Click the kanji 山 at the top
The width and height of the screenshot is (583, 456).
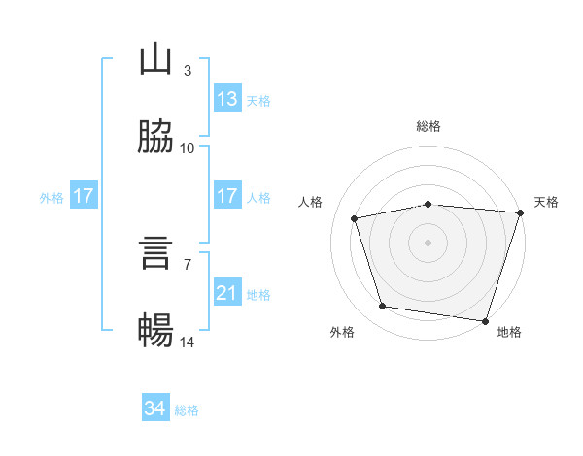click(x=155, y=60)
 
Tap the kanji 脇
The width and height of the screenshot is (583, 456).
click(x=155, y=138)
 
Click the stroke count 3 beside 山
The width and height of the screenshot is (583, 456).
click(x=187, y=71)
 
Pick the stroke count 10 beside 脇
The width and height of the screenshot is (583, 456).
click(x=187, y=148)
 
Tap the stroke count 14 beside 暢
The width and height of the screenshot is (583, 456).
click(x=187, y=342)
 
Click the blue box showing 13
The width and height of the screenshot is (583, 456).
click(x=227, y=99)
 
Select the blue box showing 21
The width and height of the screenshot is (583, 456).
click(x=227, y=293)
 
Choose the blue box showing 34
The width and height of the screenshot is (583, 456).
click(x=155, y=409)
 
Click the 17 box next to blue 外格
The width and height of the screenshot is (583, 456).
click(x=84, y=196)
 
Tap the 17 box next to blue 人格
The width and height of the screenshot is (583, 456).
click(x=227, y=196)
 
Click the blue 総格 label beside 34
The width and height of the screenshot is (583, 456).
click(x=187, y=410)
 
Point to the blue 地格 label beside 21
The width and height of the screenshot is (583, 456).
click(x=258, y=294)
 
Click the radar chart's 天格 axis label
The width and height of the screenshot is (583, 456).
click(x=546, y=202)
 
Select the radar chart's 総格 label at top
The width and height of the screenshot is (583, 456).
click(x=428, y=126)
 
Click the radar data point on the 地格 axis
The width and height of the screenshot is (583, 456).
click(x=485, y=320)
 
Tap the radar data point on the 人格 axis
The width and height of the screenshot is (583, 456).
click(x=355, y=218)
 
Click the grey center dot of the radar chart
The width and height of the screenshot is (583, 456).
click(x=428, y=242)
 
